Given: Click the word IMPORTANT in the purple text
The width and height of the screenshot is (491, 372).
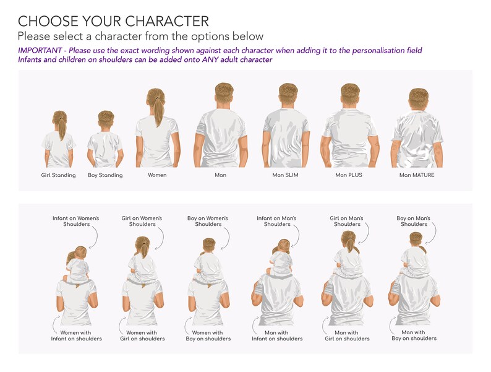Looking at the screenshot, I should coord(41,50).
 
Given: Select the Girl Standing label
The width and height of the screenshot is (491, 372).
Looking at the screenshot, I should coord(59,175).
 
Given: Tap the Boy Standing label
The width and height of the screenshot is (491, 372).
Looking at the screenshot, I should coord(105,175).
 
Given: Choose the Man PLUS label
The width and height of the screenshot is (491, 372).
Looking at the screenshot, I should coord(349,175).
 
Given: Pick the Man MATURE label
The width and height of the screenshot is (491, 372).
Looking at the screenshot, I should coord(417,175).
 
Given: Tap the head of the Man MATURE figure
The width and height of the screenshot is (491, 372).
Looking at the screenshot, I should coord(419,99).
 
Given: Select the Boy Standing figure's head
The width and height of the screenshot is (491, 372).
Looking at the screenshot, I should coord(106,119).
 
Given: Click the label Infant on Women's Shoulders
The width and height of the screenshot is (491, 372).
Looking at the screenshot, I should coord(75,221).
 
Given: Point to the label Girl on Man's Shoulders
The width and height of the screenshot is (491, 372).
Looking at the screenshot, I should coord(347,221).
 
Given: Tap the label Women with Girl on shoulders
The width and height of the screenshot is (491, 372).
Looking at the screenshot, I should coord(143,335).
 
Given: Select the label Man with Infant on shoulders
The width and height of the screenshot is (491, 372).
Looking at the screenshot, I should coord(278,335).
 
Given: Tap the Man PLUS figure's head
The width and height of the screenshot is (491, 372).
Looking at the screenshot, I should coord(350,94).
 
